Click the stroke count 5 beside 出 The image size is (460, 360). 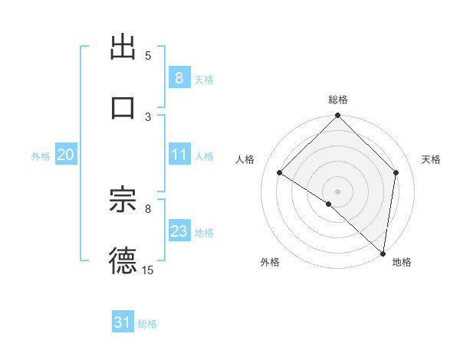[148, 56]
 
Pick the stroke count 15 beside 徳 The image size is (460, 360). [148, 270]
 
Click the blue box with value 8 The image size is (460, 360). [179, 77]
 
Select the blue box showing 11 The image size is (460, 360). [179, 155]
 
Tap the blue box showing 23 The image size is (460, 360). [179, 231]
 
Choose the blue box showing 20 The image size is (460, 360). [65, 155]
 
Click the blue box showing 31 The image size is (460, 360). [123, 322]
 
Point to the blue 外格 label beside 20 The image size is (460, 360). [41, 155]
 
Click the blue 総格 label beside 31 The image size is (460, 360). [147, 324]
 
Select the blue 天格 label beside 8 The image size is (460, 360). [204, 79]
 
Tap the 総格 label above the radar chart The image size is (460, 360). [338, 100]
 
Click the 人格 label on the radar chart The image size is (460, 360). [245, 159]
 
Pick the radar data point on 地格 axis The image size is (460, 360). [382, 253]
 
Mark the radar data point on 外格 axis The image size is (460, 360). [329, 204]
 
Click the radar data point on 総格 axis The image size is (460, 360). [338, 116]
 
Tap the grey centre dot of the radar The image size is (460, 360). [338, 191]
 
